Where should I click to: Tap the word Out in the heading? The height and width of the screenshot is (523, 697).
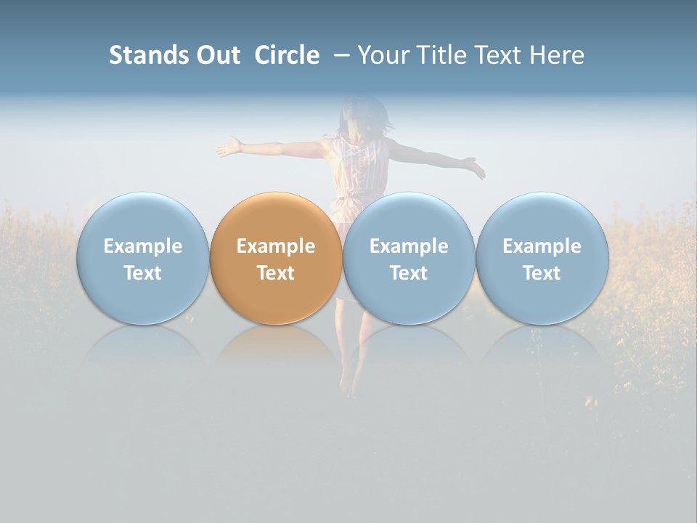[x=216, y=55]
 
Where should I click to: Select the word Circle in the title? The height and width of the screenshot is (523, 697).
[x=287, y=55]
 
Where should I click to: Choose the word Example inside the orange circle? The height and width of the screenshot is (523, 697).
[x=275, y=246]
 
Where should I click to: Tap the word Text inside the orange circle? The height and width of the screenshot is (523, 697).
[x=275, y=273]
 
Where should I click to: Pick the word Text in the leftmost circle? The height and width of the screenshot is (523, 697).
[x=142, y=273]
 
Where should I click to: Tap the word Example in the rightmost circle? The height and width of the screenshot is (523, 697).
[x=542, y=246]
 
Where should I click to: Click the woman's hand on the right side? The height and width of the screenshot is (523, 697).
[x=476, y=169]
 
